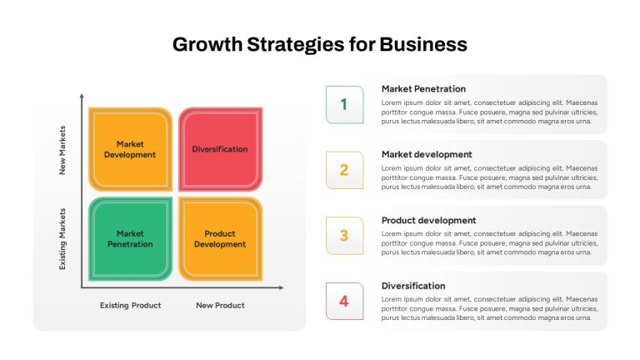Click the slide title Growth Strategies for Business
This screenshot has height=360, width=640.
[320, 44]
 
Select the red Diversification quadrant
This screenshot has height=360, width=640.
[220, 149]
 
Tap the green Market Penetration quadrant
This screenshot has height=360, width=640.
[131, 239]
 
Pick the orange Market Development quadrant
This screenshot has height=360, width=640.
[131, 149]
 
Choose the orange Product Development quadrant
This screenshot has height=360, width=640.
[220, 239]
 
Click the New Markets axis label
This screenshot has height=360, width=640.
[62, 150]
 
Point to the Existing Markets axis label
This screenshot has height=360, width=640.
[62, 239]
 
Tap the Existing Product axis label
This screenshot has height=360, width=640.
[131, 305]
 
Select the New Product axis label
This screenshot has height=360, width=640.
[220, 305]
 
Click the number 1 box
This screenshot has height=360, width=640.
[344, 104]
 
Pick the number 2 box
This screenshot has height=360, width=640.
[344, 170]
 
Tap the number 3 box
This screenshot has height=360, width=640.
[344, 236]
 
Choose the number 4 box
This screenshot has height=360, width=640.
[344, 301]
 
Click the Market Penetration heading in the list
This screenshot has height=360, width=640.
[423, 89]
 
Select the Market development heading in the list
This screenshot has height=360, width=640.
[427, 155]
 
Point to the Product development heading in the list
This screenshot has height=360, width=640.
[428, 220]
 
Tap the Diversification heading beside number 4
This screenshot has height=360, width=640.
[413, 286]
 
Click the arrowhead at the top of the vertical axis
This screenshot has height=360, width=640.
[82, 96]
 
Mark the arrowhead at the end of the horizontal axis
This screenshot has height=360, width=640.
[281, 287]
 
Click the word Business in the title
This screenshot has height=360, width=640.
[423, 44]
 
